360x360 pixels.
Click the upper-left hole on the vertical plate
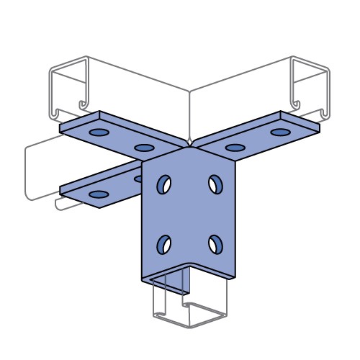(x=165, y=184)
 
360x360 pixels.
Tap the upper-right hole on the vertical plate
(x=215, y=184)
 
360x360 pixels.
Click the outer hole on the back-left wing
(x=97, y=133)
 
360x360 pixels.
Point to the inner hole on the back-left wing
(x=144, y=148)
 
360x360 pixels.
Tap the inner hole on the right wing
(x=235, y=148)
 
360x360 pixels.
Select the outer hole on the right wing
(x=279, y=132)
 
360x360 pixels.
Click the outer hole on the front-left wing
(x=96, y=194)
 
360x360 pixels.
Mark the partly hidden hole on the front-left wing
(x=138, y=177)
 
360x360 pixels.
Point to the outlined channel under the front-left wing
(x=43, y=169)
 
